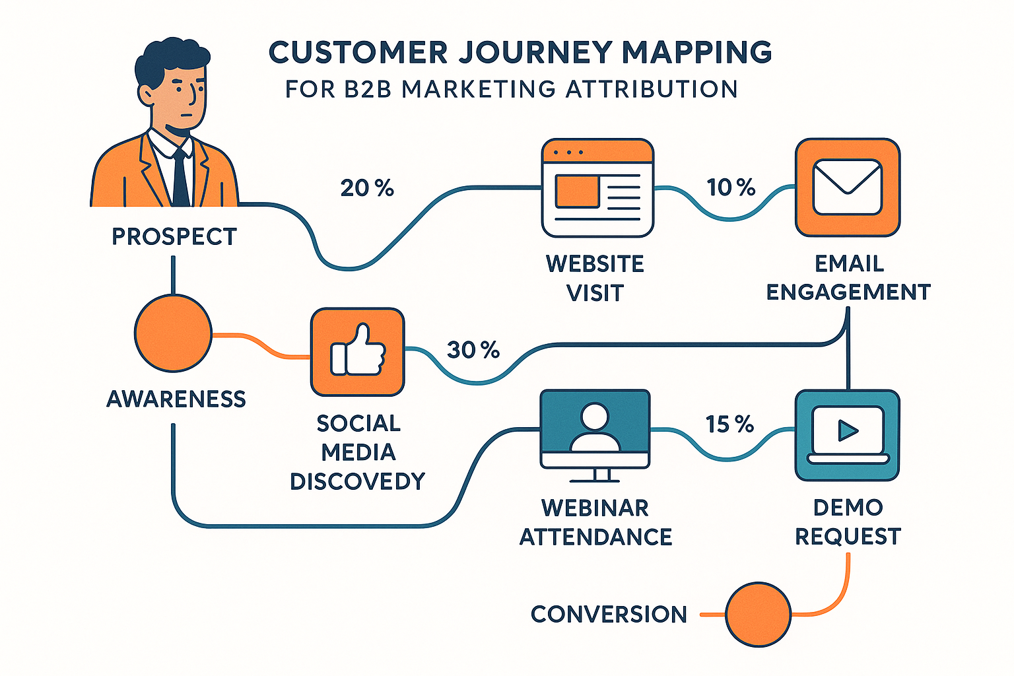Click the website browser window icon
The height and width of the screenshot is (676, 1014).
[597, 188]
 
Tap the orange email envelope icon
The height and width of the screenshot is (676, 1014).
[848, 187]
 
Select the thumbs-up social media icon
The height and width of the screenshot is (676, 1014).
[357, 352]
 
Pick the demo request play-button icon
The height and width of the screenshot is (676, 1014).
[848, 434]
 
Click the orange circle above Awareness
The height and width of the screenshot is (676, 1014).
[173, 333]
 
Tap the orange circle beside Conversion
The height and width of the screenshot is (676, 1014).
[758, 614]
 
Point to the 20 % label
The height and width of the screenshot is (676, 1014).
[367, 189]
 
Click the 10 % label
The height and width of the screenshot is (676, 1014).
[731, 187]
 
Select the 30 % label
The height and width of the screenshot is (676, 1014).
[473, 350]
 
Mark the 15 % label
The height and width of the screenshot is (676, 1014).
[729, 424]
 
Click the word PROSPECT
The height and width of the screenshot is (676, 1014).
[174, 237]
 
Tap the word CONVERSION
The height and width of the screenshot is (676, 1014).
[609, 615]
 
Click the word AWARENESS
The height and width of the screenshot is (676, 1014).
[176, 399]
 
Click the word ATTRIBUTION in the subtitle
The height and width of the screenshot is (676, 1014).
[652, 89]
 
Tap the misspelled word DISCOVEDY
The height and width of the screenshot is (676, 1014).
[357, 481]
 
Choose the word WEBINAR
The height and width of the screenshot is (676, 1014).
[595, 508]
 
